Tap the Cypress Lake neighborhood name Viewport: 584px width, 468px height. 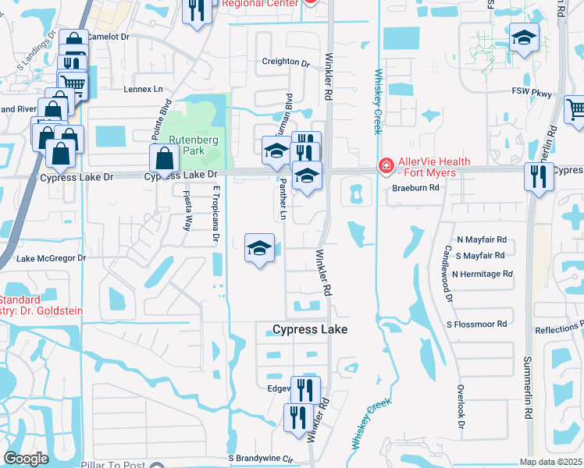pyautogui.click(x=310, y=330)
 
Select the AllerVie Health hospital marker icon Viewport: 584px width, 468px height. pyautogui.click(x=385, y=165)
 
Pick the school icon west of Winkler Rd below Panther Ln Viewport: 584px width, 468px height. pyautogui.click(x=259, y=249)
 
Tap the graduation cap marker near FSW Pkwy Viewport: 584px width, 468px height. pyautogui.click(x=523, y=36)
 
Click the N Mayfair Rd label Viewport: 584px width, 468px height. pyautogui.click(x=482, y=240)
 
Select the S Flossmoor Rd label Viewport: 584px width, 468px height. pyautogui.click(x=476, y=324)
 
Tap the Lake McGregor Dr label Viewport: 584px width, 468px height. pyautogui.click(x=51, y=258)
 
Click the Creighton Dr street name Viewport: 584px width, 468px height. pyautogui.click(x=286, y=62)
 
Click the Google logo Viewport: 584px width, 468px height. pyautogui.click(x=26, y=459)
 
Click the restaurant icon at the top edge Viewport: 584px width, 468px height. pyautogui.click(x=196, y=9)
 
